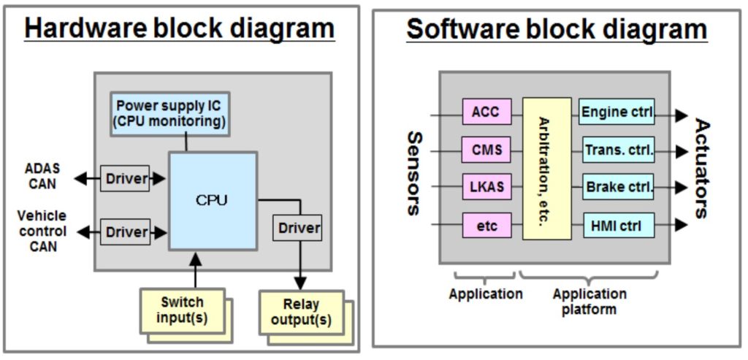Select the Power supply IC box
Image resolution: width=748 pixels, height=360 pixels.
point(169,113)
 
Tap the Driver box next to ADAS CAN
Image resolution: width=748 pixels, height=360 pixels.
point(126,178)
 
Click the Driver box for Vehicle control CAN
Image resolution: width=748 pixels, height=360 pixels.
point(126,232)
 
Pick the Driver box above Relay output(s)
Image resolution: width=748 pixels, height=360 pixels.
point(299,228)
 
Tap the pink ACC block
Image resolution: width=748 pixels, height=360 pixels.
point(486,112)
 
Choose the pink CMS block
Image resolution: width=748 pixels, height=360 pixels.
point(486,150)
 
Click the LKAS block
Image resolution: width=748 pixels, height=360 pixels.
point(486,188)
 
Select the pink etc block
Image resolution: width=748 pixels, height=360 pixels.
point(486,226)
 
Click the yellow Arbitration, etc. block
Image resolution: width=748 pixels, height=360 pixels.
point(546,169)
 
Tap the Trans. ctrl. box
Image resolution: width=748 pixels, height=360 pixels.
point(617,150)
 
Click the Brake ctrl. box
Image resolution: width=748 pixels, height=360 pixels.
point(617,187)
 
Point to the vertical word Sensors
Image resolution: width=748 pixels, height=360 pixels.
point(413,173)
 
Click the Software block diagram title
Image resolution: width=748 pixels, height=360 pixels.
point(557,29)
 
